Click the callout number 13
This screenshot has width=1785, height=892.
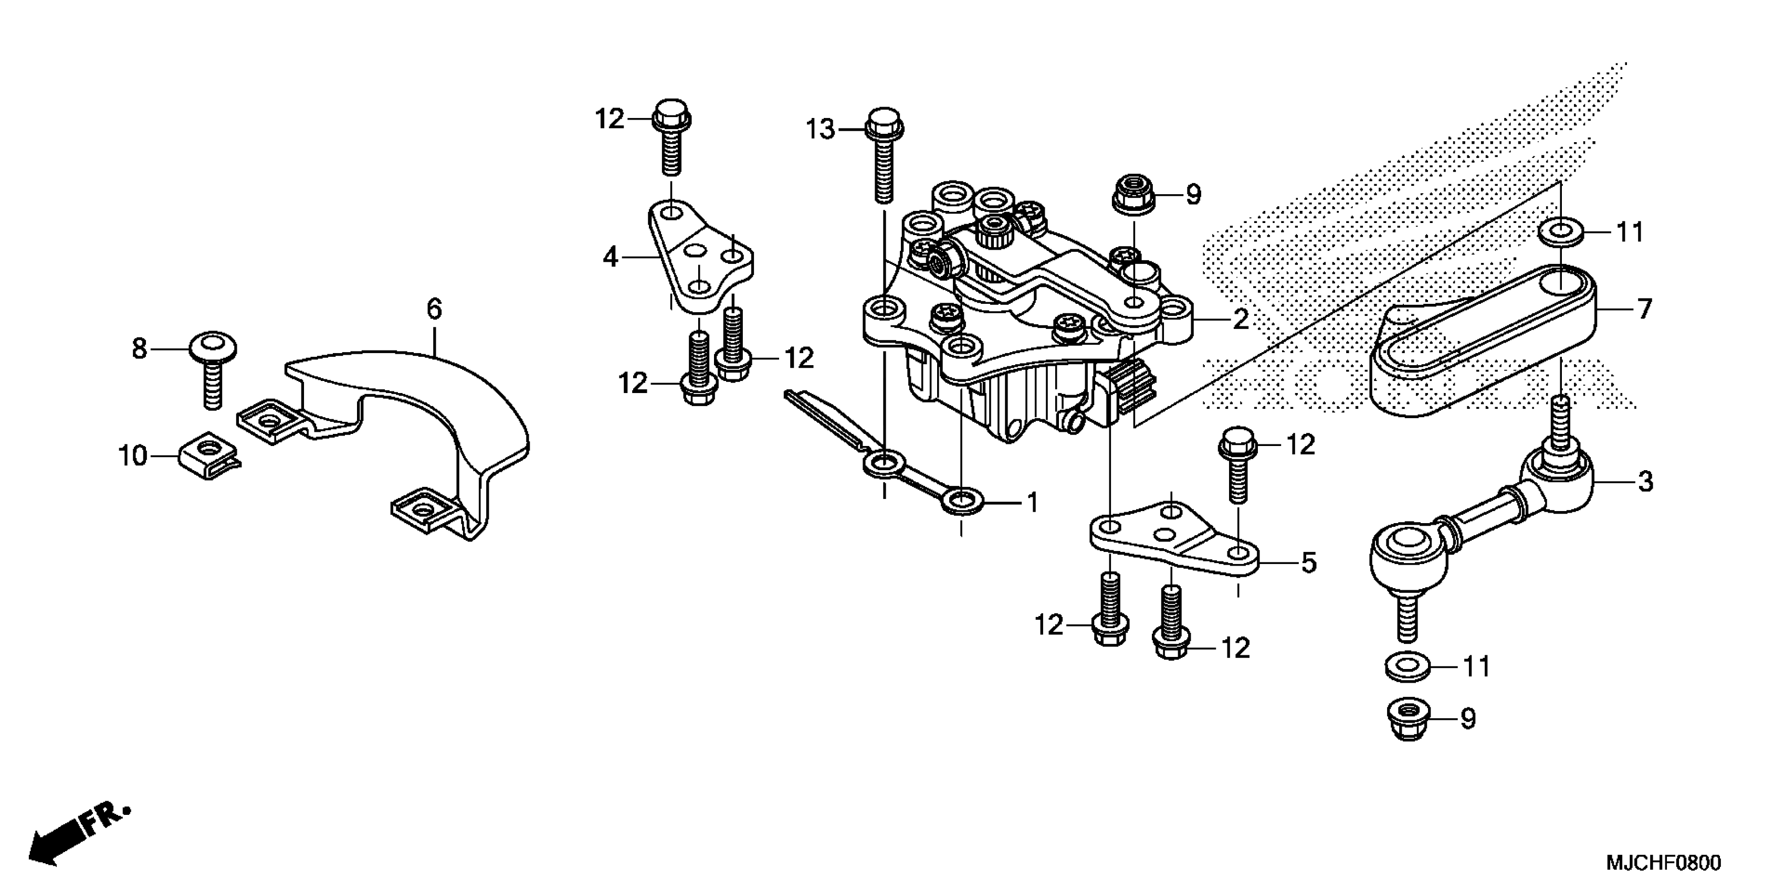821,130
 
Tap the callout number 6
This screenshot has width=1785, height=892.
434,309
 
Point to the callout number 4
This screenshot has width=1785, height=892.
610,258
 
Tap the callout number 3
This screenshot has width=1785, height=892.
1645,481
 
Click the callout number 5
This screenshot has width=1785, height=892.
1308,563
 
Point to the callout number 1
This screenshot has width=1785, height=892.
1032,503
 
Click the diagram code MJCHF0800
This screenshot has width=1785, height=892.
1661,863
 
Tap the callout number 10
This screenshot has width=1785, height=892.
132,456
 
